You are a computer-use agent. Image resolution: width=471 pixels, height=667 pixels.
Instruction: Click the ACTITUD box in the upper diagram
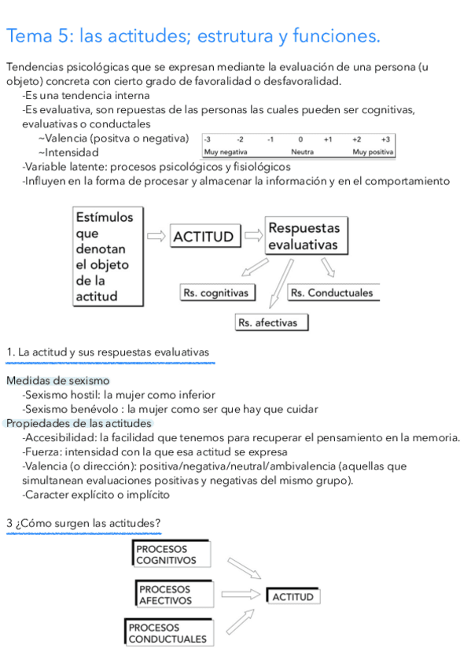[203, 236]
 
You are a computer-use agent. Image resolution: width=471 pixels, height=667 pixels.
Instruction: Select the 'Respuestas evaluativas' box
[305, 236]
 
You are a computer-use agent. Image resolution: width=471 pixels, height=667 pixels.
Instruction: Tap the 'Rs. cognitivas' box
[215, 293]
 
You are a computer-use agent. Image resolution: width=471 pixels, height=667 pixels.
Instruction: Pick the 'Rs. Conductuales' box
[331, 293]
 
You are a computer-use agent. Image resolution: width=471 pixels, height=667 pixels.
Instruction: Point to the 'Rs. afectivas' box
[270, 322]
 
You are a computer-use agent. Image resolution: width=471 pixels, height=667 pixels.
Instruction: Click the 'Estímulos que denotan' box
[108, 256]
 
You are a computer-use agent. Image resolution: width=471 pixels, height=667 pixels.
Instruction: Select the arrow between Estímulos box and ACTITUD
[157, 235]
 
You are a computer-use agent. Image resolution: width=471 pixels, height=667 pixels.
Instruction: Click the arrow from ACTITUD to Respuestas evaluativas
[253, 234]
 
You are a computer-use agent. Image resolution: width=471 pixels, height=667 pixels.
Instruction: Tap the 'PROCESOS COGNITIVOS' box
[171, 554]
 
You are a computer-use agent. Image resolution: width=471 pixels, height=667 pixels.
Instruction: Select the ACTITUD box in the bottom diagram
[293, 596]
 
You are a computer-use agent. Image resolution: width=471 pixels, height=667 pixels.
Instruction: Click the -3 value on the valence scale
[208, 138]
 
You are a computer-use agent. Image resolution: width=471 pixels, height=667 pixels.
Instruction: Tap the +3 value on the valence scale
[385, 138]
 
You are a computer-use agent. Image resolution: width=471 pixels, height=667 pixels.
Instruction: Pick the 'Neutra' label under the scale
[302, 152]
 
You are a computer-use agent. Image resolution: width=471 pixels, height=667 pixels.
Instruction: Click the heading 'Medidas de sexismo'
[57, 381]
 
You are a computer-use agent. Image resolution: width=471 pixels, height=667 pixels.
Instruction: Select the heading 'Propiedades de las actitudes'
[79, 423]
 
